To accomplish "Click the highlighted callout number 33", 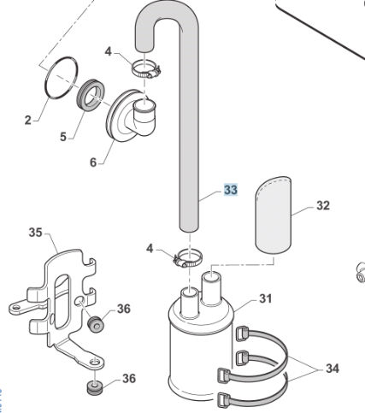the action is [x=231, y=190].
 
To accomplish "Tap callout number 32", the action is [x=323, y=205].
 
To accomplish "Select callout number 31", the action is [x=265, y=298].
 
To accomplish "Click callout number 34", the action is [x=333, y=369].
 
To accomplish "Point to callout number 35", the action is [x=35, y=233].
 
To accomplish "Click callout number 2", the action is [x=27, y=120].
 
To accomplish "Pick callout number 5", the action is [x=63, y=137].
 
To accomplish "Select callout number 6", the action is [x=93, y=162].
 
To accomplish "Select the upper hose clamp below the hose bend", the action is [x=146, y=69].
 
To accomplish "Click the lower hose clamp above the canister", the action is [x=187, y=257].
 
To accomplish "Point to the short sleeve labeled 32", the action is [x=273, y=215].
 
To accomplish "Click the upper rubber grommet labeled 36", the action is [x=96, y=324].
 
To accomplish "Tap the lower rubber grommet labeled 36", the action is [x=95, y=388].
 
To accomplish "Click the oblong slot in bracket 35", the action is [x=61, y=302].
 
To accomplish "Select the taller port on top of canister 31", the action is [x=211, y=289].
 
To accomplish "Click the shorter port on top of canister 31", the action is [x=190, y=303].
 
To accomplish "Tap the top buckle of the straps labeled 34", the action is [x=242, y=333].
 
